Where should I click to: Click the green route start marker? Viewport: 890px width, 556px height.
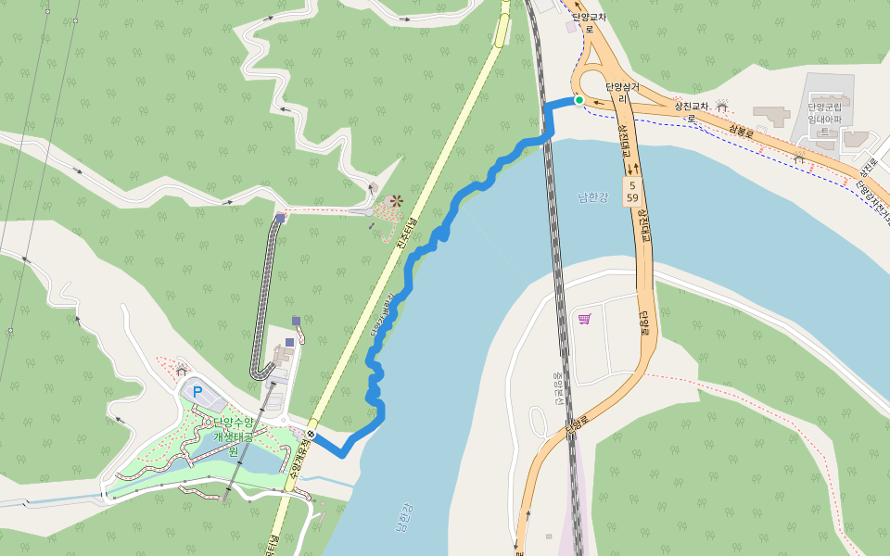[x=579, y=100]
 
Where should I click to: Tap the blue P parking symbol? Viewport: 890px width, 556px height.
[x=197, y=391]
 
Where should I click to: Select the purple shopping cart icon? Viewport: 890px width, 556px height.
[x=584, y=320]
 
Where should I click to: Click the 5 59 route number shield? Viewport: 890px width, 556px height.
[x=631, y=192]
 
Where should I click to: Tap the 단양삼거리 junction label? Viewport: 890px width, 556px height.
[x=617, y=92]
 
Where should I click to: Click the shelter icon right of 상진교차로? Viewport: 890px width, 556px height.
[x=722, y=106]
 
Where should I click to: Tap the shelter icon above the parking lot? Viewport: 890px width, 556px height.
[x=181, y=371]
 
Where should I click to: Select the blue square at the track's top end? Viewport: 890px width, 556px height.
[x=280, y=220]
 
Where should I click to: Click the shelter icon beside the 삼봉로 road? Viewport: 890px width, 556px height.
[x=799, y=159]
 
